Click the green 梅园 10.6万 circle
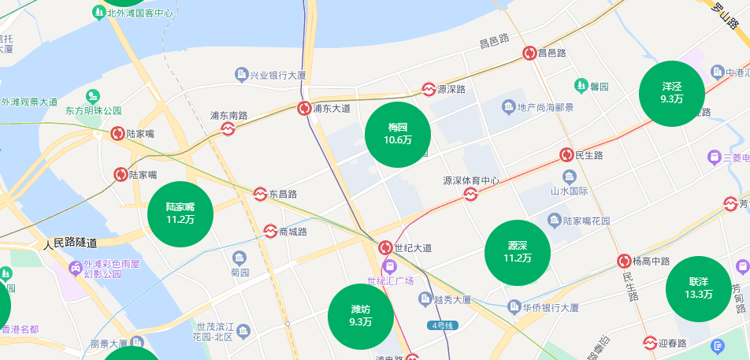398,134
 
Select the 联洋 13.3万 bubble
699,288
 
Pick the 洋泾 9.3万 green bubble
672,93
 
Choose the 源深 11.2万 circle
517,252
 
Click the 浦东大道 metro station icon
304,108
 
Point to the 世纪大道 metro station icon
386,247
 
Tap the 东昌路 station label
283,194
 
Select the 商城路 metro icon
270,232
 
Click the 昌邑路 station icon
530,53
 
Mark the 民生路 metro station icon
566,155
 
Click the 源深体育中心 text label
471,180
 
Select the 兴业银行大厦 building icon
242,75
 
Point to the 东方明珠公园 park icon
94,96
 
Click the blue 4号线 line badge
442,325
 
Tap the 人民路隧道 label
71,243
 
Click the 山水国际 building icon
570,176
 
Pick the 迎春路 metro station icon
650,343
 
